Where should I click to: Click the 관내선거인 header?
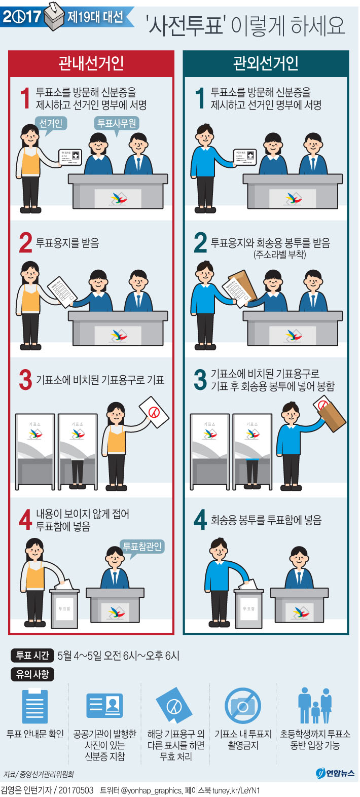pos(91,63)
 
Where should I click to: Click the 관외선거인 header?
pos(266,63)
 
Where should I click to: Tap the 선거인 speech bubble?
pos(51,124)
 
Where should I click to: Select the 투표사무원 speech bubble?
pos(117,123)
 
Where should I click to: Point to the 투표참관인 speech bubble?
pos(142,547)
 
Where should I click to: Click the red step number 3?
pos(25,380)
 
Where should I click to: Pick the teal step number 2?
pos(200,243)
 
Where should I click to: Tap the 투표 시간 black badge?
pos(32,656)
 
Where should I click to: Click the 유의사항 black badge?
pos(32,674)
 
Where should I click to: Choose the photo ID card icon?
pos(105,706)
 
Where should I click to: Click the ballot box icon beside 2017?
pos(54,17)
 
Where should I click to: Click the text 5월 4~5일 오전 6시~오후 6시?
pos(118,656)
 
